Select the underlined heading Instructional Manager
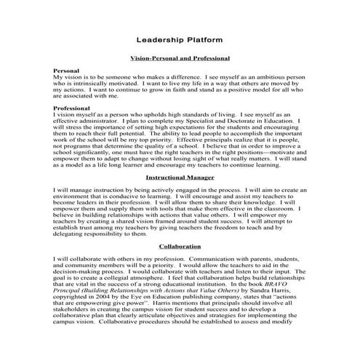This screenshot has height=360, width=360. coord(180,177)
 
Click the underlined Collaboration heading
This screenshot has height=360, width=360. coord(180,246)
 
